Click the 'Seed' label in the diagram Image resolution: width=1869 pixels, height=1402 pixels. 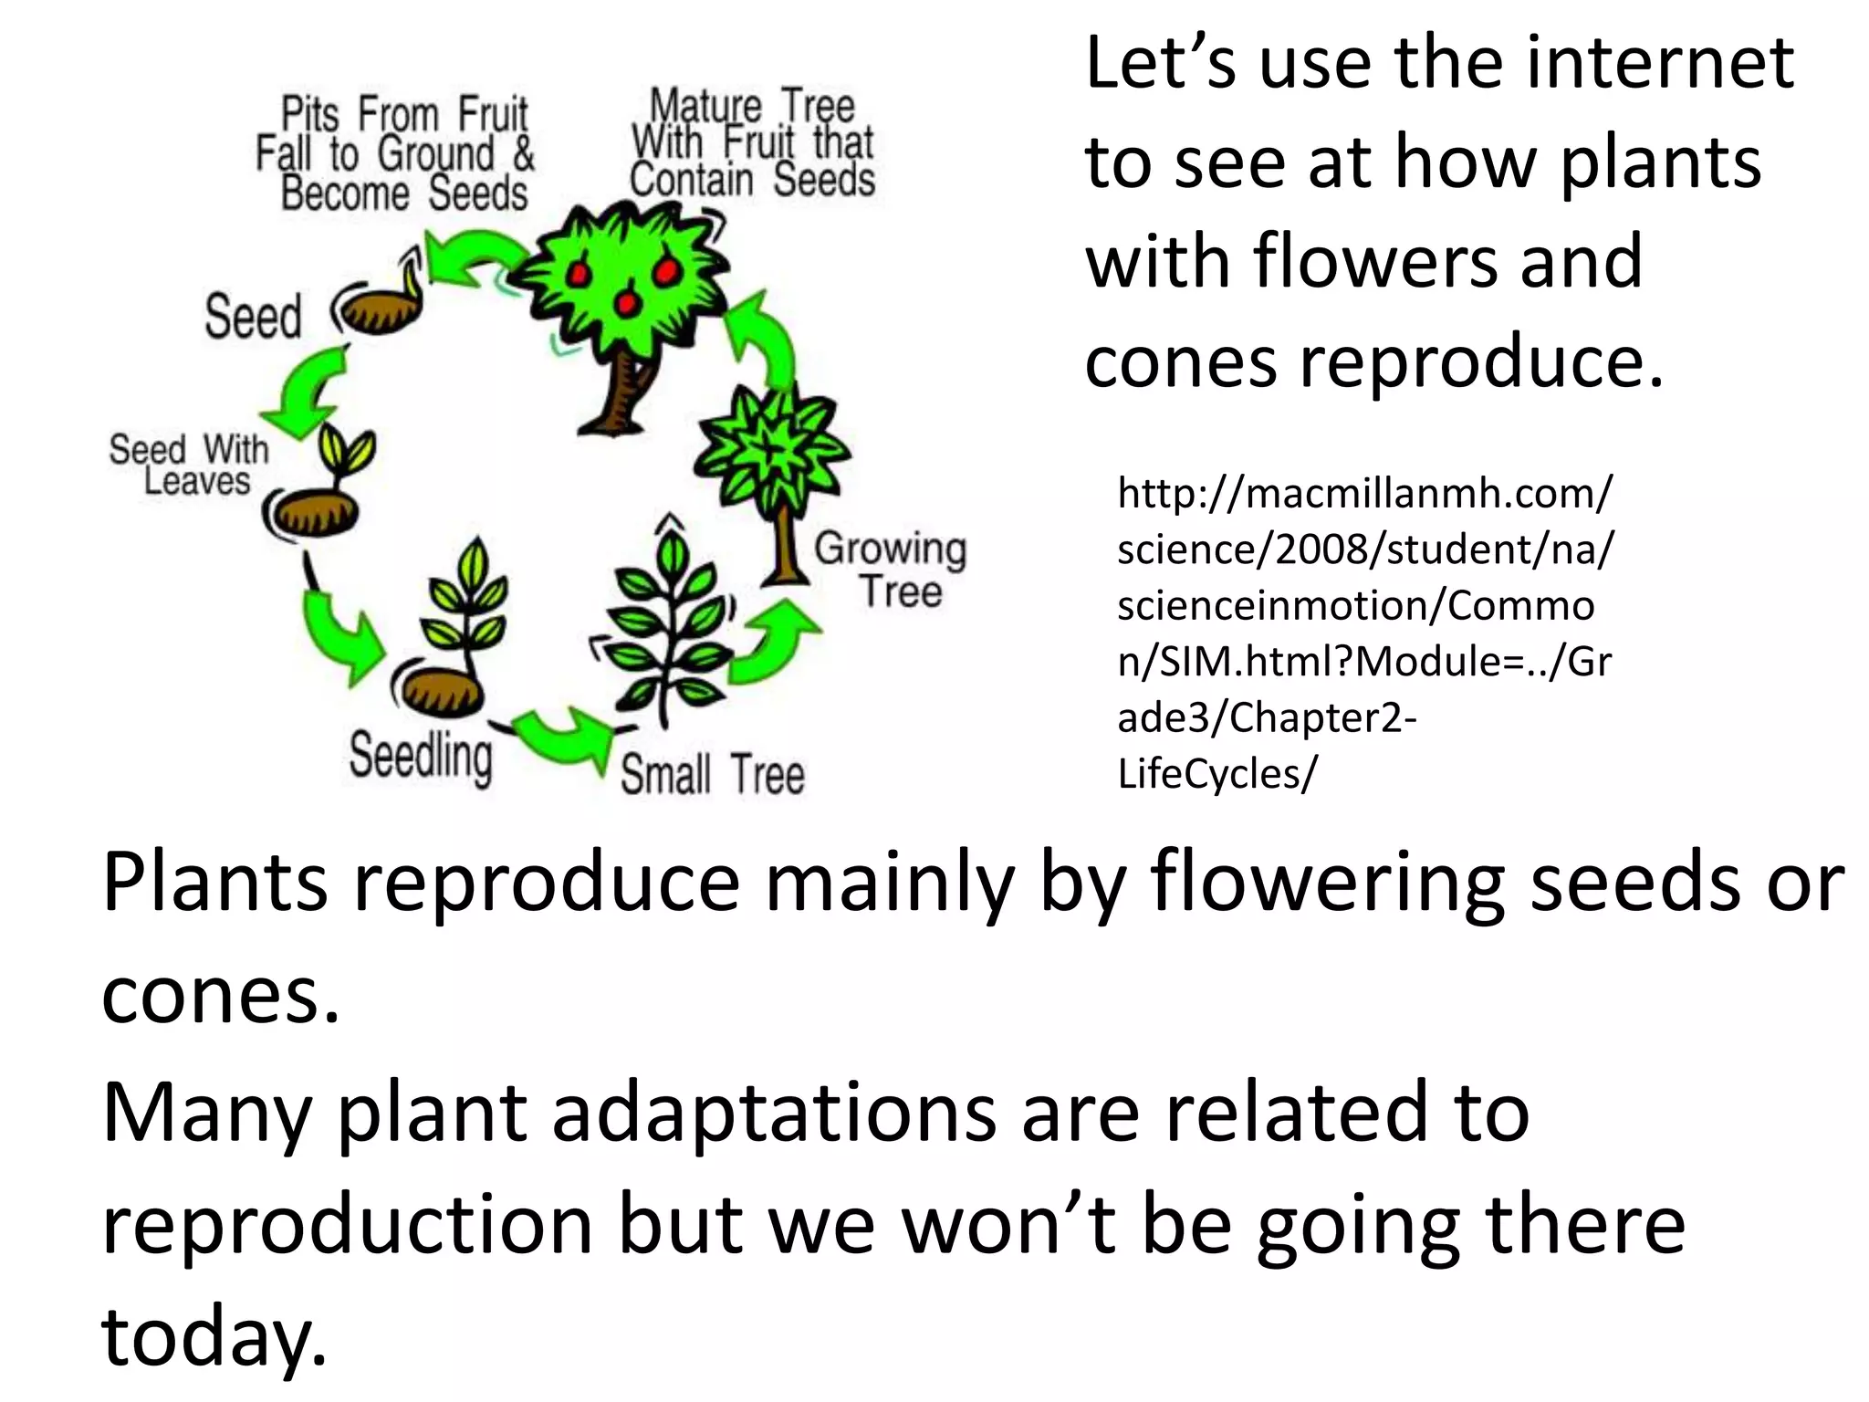pyautogui.click(x=253, y=317)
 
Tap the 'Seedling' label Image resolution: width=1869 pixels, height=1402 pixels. pyautogui.click(x=421, y=756)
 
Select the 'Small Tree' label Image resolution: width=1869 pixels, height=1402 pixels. pyautogui.click(x=713, y=775)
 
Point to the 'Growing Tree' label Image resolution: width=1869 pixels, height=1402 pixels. pyautogui.click(x=891, y=569)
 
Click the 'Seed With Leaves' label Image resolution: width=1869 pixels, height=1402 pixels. pyautogui.click(x=190, y=465)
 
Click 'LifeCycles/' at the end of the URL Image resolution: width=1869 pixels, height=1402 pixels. pyautogui.click(x=1217, y=774)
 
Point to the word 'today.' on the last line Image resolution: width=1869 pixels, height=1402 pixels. pyautogui.click(x=214, y=1336)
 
